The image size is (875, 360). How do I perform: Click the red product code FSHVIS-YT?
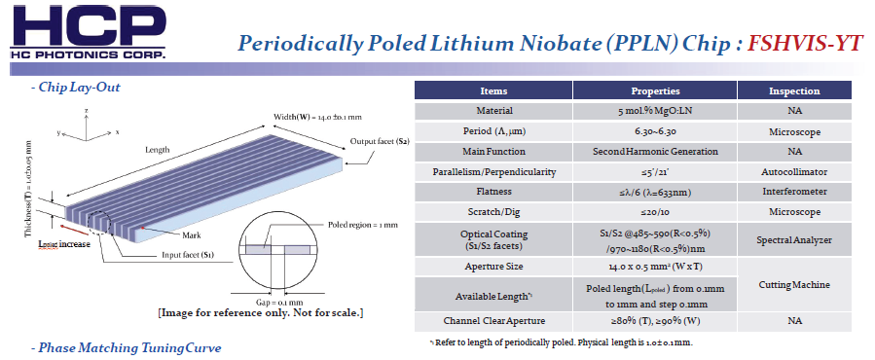tap(805, 44)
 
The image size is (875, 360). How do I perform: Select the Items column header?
tap(493, 91)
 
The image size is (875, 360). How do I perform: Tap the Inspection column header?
tap(794, 91)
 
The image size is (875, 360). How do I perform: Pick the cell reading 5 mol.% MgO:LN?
tap(655, 111)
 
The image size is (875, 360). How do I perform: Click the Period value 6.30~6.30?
tap(655, 131)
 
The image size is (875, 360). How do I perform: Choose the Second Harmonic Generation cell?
tap(655, 152)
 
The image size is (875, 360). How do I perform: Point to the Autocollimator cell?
tap(794, 172)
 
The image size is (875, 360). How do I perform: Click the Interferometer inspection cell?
tap(794, 192)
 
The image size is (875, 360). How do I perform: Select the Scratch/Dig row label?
tap(493, 213)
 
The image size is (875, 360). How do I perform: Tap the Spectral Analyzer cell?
tap(794, 240)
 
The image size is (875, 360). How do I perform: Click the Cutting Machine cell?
tap(794, 285)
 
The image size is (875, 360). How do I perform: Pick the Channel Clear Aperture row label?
tap(493, 321)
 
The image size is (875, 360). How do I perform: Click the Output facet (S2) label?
tap(380, 141)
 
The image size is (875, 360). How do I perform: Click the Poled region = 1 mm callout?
tap(362, 225)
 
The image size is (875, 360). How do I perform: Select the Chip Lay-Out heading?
tap(75, 88)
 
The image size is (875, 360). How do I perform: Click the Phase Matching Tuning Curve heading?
tap(127, 348)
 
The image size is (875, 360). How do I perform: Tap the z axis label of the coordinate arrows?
tap(87, 111)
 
